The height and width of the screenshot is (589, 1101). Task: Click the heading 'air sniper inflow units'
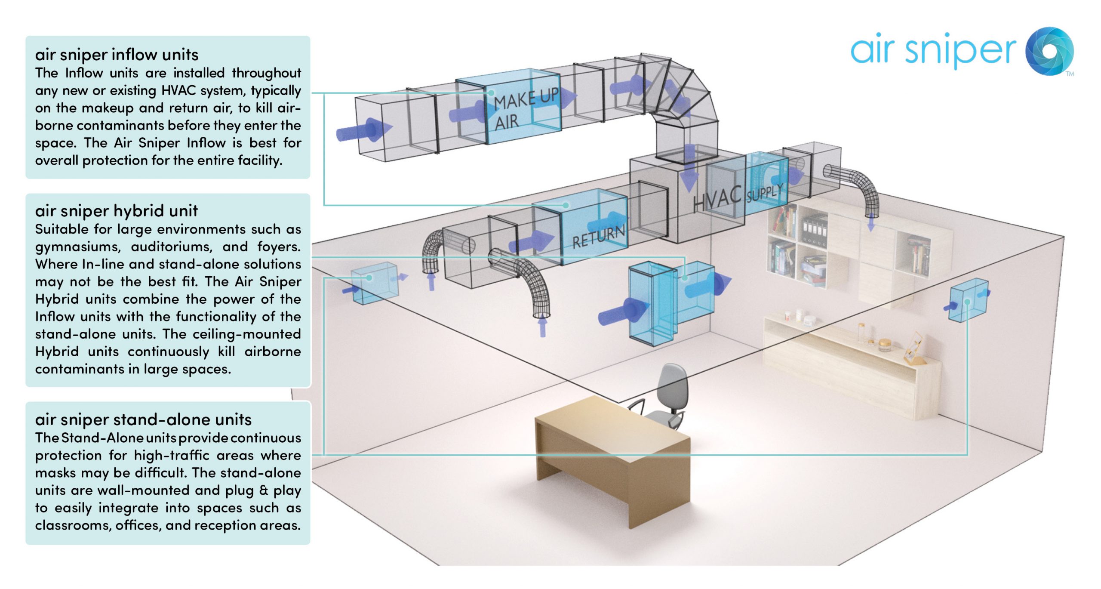(117, 55)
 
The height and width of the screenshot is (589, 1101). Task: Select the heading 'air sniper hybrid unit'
(116, 211)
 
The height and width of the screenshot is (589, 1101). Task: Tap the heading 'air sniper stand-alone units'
(143, 419)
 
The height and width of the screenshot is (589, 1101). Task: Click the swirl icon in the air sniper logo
(1049, 51)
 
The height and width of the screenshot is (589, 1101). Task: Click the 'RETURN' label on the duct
(598, 237)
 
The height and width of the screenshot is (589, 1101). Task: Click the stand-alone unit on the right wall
(968, 300)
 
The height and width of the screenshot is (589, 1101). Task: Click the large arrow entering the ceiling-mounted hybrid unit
(621, 312)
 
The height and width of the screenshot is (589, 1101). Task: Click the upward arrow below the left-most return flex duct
(431, 282)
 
